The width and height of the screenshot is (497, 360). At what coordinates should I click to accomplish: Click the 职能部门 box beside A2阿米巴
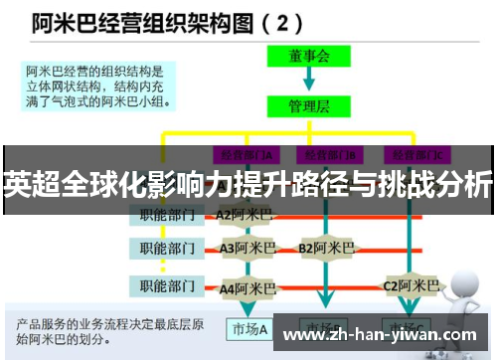click(167, 214)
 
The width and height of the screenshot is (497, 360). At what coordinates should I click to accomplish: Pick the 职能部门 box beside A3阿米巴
click(167, 247)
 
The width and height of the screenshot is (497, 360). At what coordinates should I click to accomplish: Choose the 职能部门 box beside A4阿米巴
click(167, 286)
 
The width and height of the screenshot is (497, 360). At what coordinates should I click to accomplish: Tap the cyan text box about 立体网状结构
click(97, 84)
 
